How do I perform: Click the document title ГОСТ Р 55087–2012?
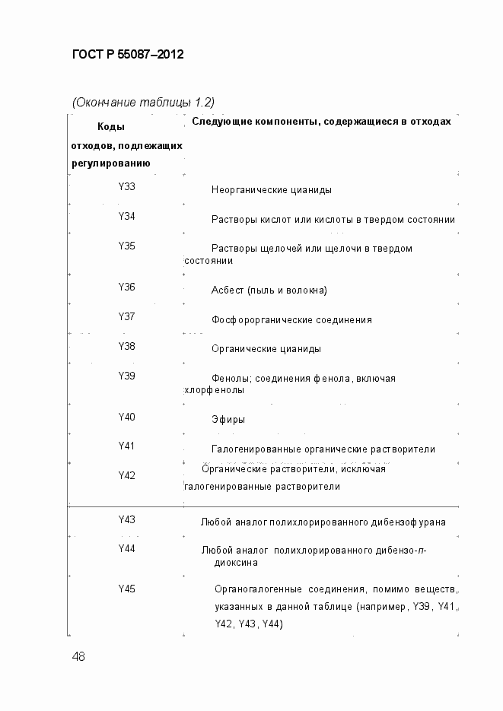point(128,55)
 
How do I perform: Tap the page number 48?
point(78,656)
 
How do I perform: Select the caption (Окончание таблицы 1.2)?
point(143,102)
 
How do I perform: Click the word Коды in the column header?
point(111,127)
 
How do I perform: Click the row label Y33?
point(126,186)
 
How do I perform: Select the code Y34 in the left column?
point(126,217)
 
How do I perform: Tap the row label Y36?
point(126,287)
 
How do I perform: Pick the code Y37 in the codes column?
point(126,316)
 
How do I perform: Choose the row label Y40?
point(126,417)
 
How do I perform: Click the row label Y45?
point(126,589)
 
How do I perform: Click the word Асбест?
point(228,290)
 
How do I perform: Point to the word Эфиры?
point(228,420)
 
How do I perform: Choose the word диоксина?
point(235,563)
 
